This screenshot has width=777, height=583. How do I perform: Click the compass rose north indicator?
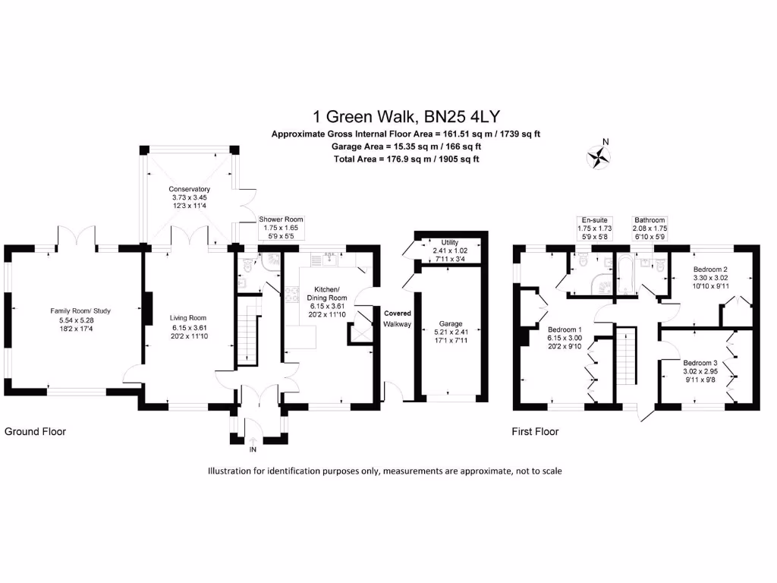[x=599, y=156]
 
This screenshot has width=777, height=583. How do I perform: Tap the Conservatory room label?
[x=189, y=189]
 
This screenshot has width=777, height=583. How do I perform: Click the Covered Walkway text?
[x=398, y=319]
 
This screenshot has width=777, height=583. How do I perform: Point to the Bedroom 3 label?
[x=699, y=363]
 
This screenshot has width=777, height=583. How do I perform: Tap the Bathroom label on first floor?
[x=650, y=220]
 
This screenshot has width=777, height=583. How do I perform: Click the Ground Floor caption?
[x=35, y=431]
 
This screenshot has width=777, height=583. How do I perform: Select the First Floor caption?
[x=535, y=431]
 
